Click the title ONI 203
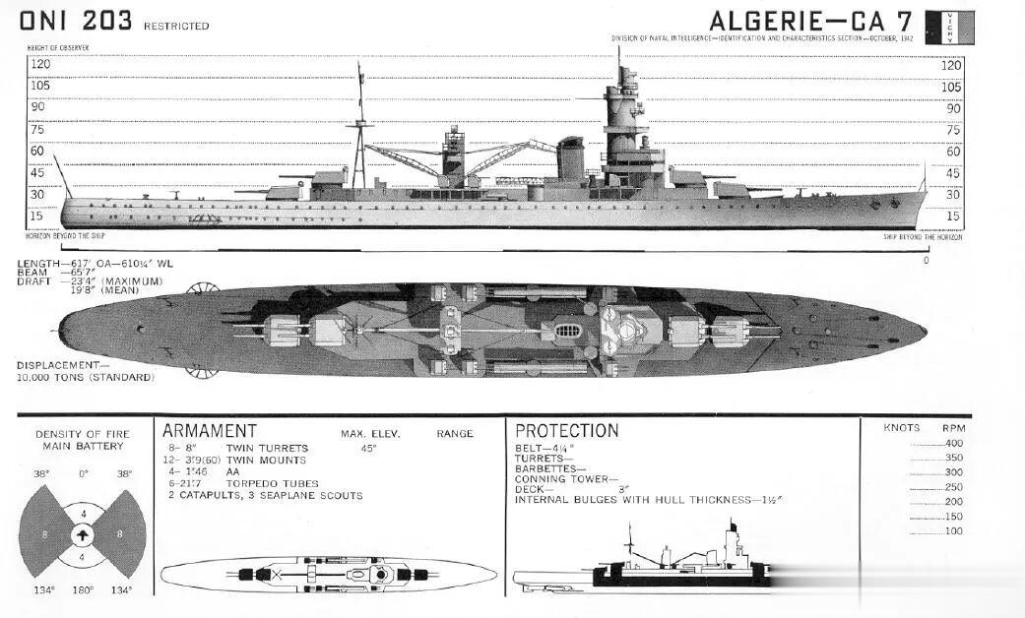(75, 20)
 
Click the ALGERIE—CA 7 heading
(811, 21)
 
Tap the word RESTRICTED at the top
(176, 26)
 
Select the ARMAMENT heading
(209, 431)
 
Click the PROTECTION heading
(566, 431)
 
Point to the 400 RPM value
(953, 443)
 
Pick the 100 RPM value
(953, 531)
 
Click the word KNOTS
(902, 428)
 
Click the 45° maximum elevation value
(368, 448)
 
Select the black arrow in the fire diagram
(83, 534)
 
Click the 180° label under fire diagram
(83, 590)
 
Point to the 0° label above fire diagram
(83, 473)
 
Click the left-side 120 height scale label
(39, 64)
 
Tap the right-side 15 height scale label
(952, 216)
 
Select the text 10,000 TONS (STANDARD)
(85, 377)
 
